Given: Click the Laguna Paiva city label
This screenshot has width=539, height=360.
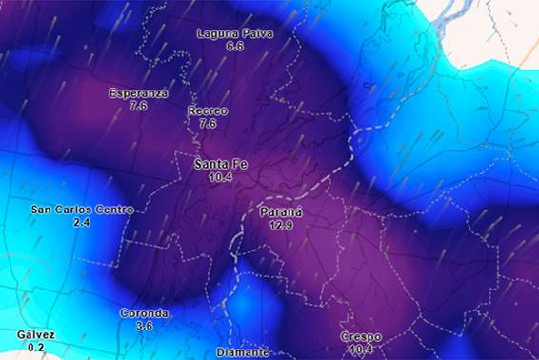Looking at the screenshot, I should coord(234,33).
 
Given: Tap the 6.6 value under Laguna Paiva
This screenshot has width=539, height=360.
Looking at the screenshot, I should coord(234,46).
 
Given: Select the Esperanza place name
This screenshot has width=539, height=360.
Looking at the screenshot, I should coord(138,93).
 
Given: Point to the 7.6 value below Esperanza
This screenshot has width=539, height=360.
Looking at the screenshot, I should coord(138,106).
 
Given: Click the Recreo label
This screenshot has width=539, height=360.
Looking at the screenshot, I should coord(208,111).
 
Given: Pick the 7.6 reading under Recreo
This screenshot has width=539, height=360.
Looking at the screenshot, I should coord(208,124).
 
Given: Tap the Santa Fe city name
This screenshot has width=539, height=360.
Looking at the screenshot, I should coord(220,165).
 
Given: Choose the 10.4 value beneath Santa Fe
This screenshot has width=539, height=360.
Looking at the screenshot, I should coord(220,177).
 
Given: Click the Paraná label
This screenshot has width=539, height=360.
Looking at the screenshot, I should coord(280,211).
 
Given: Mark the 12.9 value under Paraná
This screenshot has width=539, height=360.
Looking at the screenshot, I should coord(280,225).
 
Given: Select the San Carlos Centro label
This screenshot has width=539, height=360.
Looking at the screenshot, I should coord(82,210).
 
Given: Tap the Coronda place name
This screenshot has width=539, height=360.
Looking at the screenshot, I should coord(144,313).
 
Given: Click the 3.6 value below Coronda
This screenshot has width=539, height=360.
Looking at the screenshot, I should coord(144,326).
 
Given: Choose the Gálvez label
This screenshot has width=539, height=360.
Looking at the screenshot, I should coord(35,335).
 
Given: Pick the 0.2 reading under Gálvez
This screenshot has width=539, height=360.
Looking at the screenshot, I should coord(35,348).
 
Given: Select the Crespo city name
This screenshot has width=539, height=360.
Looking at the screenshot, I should coord(360,338).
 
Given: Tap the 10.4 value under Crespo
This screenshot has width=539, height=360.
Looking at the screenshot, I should coord(360,350).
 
